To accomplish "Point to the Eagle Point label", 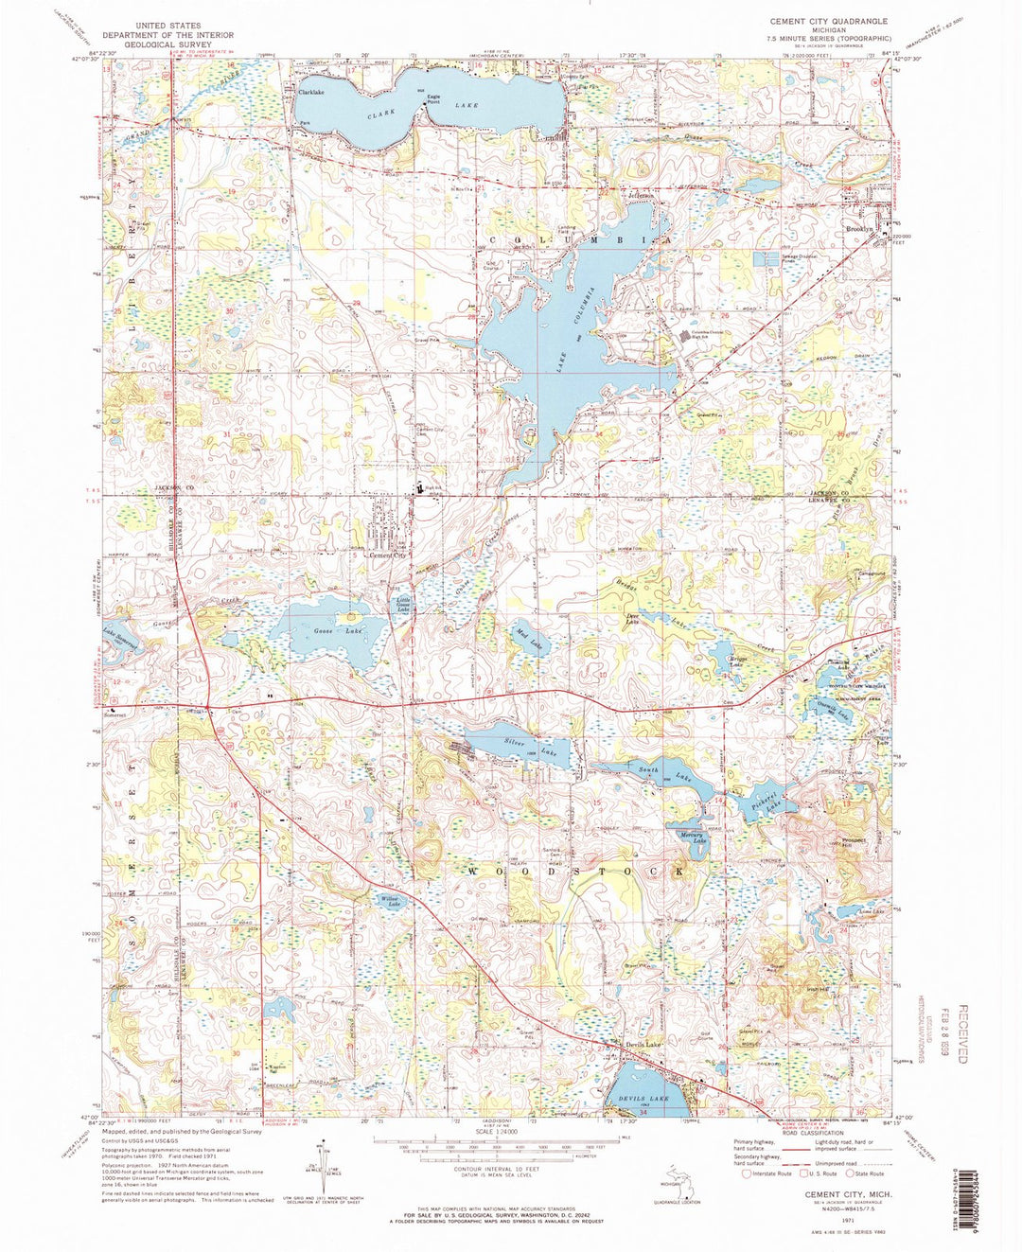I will click(x=434, y=97).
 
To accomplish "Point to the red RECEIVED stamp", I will click(x=963, y=1034).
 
